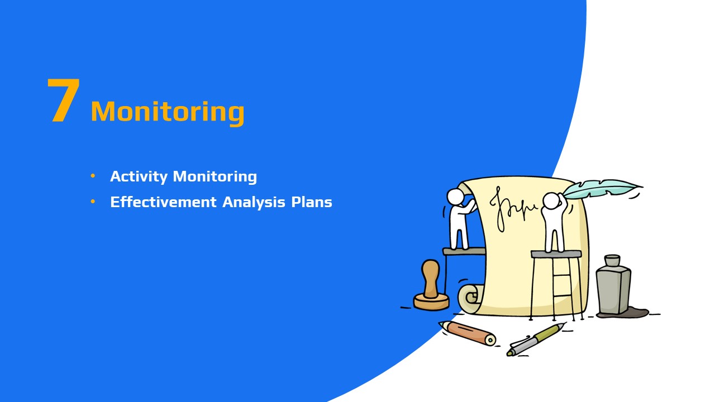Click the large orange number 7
pos(64,100)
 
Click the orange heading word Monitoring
pos(168,112)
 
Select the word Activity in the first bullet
pos(139,177)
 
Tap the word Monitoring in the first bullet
pos(215,177)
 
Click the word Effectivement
pos(164,202)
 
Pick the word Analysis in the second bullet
pos(254,202)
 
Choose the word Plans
pos(312,202)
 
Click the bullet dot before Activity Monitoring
pos(93,175)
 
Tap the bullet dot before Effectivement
pos(93,202)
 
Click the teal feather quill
pos(602,188)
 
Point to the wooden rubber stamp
pos(431,285)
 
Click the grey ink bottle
pos(613,285)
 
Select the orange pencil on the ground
pos(468,332)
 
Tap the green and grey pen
pos(536,339)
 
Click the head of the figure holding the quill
pos(551,201)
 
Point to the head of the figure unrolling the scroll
pos(455,196)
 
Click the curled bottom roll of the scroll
pos(470,298)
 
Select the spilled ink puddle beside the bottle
pos(635,312)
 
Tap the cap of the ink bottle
pos(612,260)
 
